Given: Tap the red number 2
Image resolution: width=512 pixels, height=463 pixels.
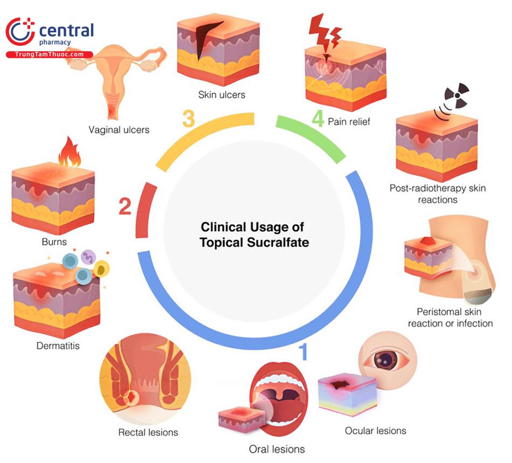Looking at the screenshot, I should [x=124, y=206].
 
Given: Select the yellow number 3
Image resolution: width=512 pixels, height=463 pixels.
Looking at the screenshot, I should [x=188, y=119].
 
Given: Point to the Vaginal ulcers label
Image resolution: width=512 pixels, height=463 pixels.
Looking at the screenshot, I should [x=119, y=129].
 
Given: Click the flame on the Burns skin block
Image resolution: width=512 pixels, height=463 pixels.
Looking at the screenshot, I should [x=69, y=153].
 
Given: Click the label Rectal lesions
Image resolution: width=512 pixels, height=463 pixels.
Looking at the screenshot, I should [x=148, y=432].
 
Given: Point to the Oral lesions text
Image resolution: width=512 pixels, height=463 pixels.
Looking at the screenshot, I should [x=277, y=449].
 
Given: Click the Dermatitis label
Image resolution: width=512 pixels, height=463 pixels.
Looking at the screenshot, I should [x=58, y=345].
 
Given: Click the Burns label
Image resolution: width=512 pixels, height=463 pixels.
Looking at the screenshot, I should [x=54, y=242].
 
